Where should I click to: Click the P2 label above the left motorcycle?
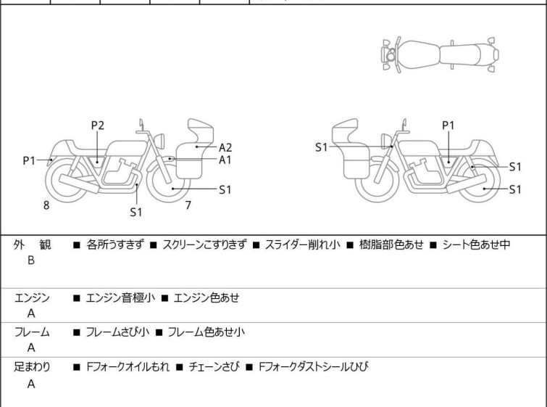pyautogui.click(x=97, y=126)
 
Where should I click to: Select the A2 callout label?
pyautogui.click(x=225, y=147)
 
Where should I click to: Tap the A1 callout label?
pyautogui.click(x=225, y=160)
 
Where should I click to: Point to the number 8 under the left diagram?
pyautogui.click(x=46, y=205)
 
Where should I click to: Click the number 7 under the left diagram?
pyautogui.click(x=188, y=205)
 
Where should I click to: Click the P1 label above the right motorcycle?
pyautogui.click(x=448, y=126)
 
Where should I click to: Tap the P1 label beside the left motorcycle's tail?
pyautogui.click(x=29, y=160)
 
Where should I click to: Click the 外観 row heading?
pyautogui.click(x=32, y=245)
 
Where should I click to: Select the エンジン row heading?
pyautogui.click(x=32, y=297)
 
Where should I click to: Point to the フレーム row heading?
pyautogui.click(x=32, y=332)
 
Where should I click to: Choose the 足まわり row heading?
pyautogui.click(x=32, y=367)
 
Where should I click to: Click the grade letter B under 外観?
pyautogui.click(x=31, y=260)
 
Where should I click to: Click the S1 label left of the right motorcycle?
pyautogui.click(x=322, y=147)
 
